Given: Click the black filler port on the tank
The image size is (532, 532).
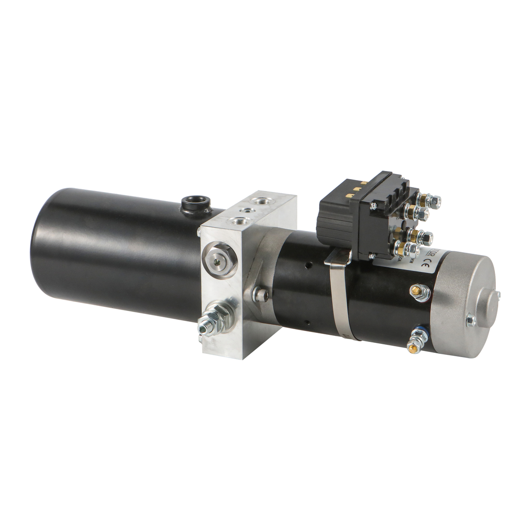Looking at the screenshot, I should click(x=195, y=204).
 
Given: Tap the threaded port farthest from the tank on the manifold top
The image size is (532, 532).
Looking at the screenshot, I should click(x=259, y=200).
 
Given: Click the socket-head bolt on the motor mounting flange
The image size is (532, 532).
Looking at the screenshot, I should click(x=260, y=295).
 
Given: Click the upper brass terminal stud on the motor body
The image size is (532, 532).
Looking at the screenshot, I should click(x=420, y=292).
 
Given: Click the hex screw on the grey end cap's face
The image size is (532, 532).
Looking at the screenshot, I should click(x=470, y=321).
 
